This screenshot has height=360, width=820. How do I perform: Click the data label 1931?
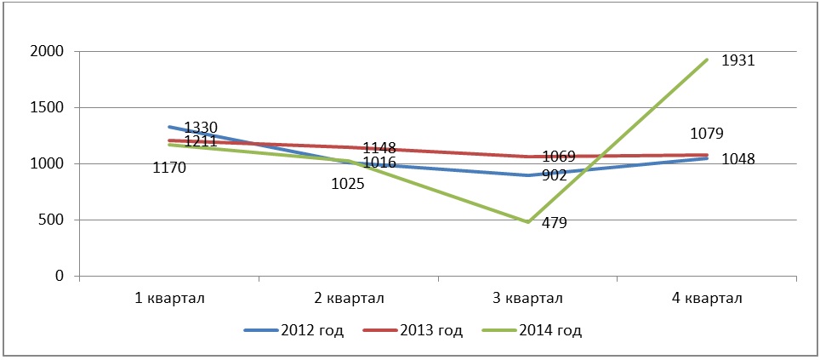pos(738,61)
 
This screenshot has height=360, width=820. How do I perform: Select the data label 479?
pos(554,224)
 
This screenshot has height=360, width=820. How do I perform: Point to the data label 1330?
pos(201,128)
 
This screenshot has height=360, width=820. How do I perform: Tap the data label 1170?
pos(169,168)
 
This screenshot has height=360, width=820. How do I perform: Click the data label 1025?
pos(348,183)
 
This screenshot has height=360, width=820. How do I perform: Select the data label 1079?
pos(708,133)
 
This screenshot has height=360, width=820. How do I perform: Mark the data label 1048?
pos(738,159)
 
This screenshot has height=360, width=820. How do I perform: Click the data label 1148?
pos(379,148)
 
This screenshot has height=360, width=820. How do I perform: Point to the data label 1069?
pos(558,157)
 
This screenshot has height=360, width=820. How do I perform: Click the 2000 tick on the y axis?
pos(48,52)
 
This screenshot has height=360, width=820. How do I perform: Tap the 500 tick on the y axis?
pos(52,220)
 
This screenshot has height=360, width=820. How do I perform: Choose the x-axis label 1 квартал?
pos(168,298)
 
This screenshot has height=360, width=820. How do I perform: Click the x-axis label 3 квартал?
pos(527,298)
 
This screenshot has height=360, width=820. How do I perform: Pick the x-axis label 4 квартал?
pos(707,298)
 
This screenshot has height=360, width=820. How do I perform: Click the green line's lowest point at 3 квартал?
pos(527,222)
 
